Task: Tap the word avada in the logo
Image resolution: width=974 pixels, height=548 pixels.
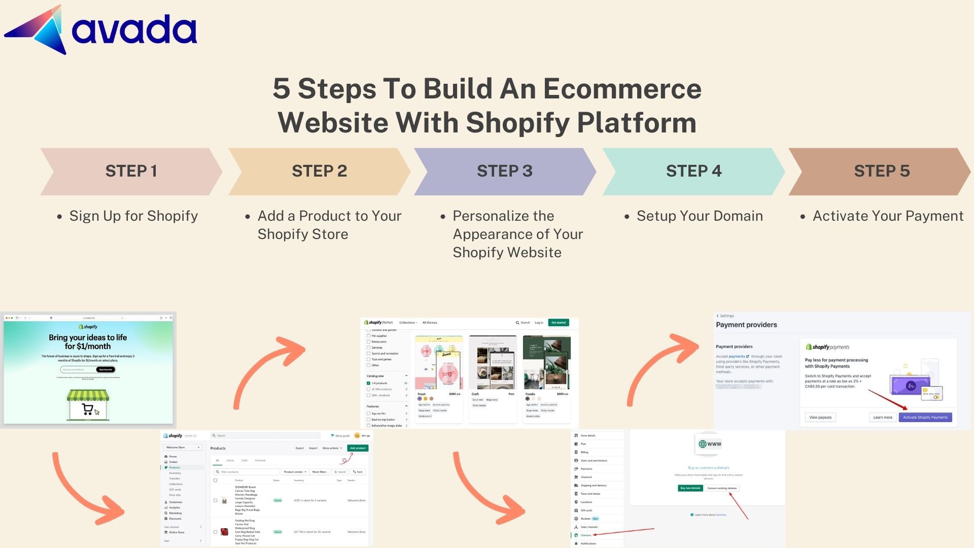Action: pos(134,29)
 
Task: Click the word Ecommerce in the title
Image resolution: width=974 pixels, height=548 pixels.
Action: pos(622,89)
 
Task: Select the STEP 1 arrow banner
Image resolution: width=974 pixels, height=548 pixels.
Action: pos(131,172)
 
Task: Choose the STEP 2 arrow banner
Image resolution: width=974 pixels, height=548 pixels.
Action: pos(319,172)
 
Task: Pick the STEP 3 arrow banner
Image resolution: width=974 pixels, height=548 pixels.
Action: pos(505,172)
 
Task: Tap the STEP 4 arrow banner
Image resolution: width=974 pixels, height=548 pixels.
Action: pos(693,172)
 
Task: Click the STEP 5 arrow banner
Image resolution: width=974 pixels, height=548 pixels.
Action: pos(881,172)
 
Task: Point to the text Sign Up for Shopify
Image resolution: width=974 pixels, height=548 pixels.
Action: pos(133,216)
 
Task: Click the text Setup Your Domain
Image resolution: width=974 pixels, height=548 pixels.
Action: pos(700,216)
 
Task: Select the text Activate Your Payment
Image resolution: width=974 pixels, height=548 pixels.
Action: pos(888,216)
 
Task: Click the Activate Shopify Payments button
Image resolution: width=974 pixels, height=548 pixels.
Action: pos(925,418)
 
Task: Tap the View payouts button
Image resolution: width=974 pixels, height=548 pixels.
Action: pos(820,418)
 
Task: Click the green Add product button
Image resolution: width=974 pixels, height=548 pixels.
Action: pos(358,448)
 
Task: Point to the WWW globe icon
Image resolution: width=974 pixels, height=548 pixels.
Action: pos(709,444)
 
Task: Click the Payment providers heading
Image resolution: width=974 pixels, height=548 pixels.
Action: pos(746,325)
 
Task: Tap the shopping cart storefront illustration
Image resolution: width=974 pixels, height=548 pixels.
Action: pos(88,405)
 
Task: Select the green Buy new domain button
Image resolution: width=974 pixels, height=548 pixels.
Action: pos(690,488)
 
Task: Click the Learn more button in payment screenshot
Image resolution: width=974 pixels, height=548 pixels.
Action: pos(883,418)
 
